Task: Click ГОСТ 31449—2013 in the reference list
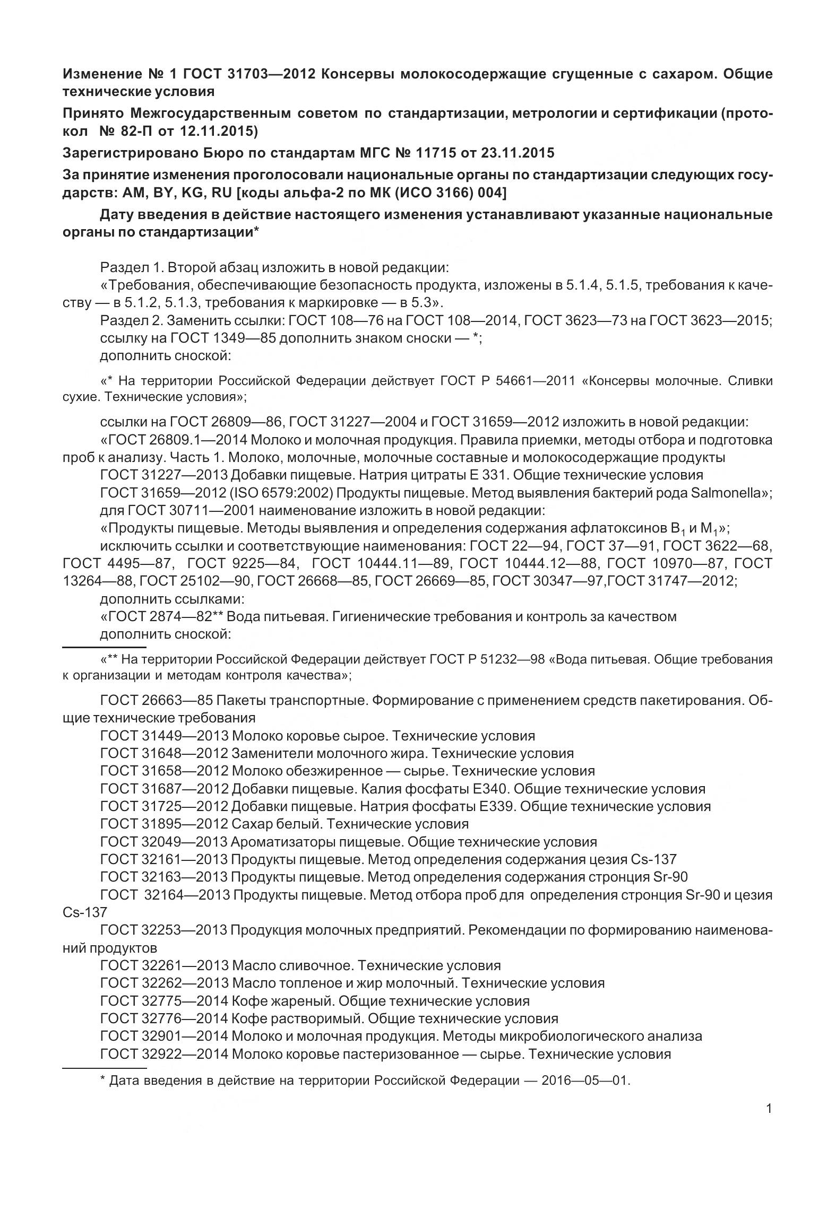[165, 736]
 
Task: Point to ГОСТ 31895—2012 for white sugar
[165, 824]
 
